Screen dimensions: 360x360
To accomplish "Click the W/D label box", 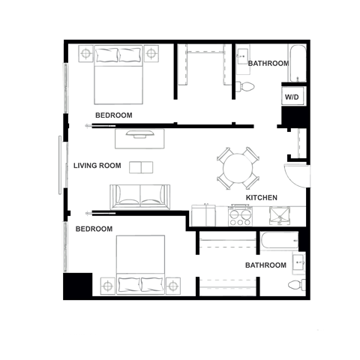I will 290,97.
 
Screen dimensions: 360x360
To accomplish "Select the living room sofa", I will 139,196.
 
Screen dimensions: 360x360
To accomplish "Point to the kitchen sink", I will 280,217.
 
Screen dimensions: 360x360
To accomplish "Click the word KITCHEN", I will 262,198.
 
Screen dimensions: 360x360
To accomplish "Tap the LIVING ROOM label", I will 97,166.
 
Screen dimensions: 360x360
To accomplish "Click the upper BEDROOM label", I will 114,115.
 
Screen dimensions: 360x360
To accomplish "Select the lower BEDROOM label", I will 94,229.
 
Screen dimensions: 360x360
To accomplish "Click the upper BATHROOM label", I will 268,64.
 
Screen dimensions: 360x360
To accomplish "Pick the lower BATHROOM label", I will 265,265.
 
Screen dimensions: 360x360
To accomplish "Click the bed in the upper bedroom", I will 118,76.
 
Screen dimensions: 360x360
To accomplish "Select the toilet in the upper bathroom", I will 244,86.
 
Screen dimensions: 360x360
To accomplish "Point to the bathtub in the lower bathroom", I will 278,241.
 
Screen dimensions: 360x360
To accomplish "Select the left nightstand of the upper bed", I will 85,54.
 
